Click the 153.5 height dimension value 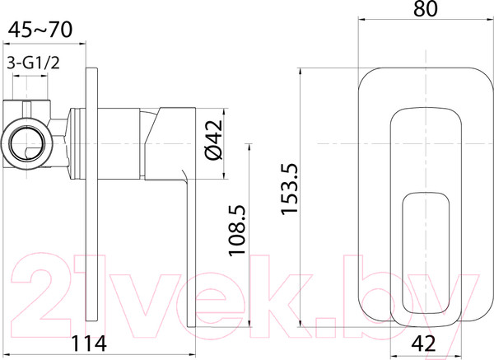click(x=289, y=189)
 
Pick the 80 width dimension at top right click(x=425, y=11)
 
